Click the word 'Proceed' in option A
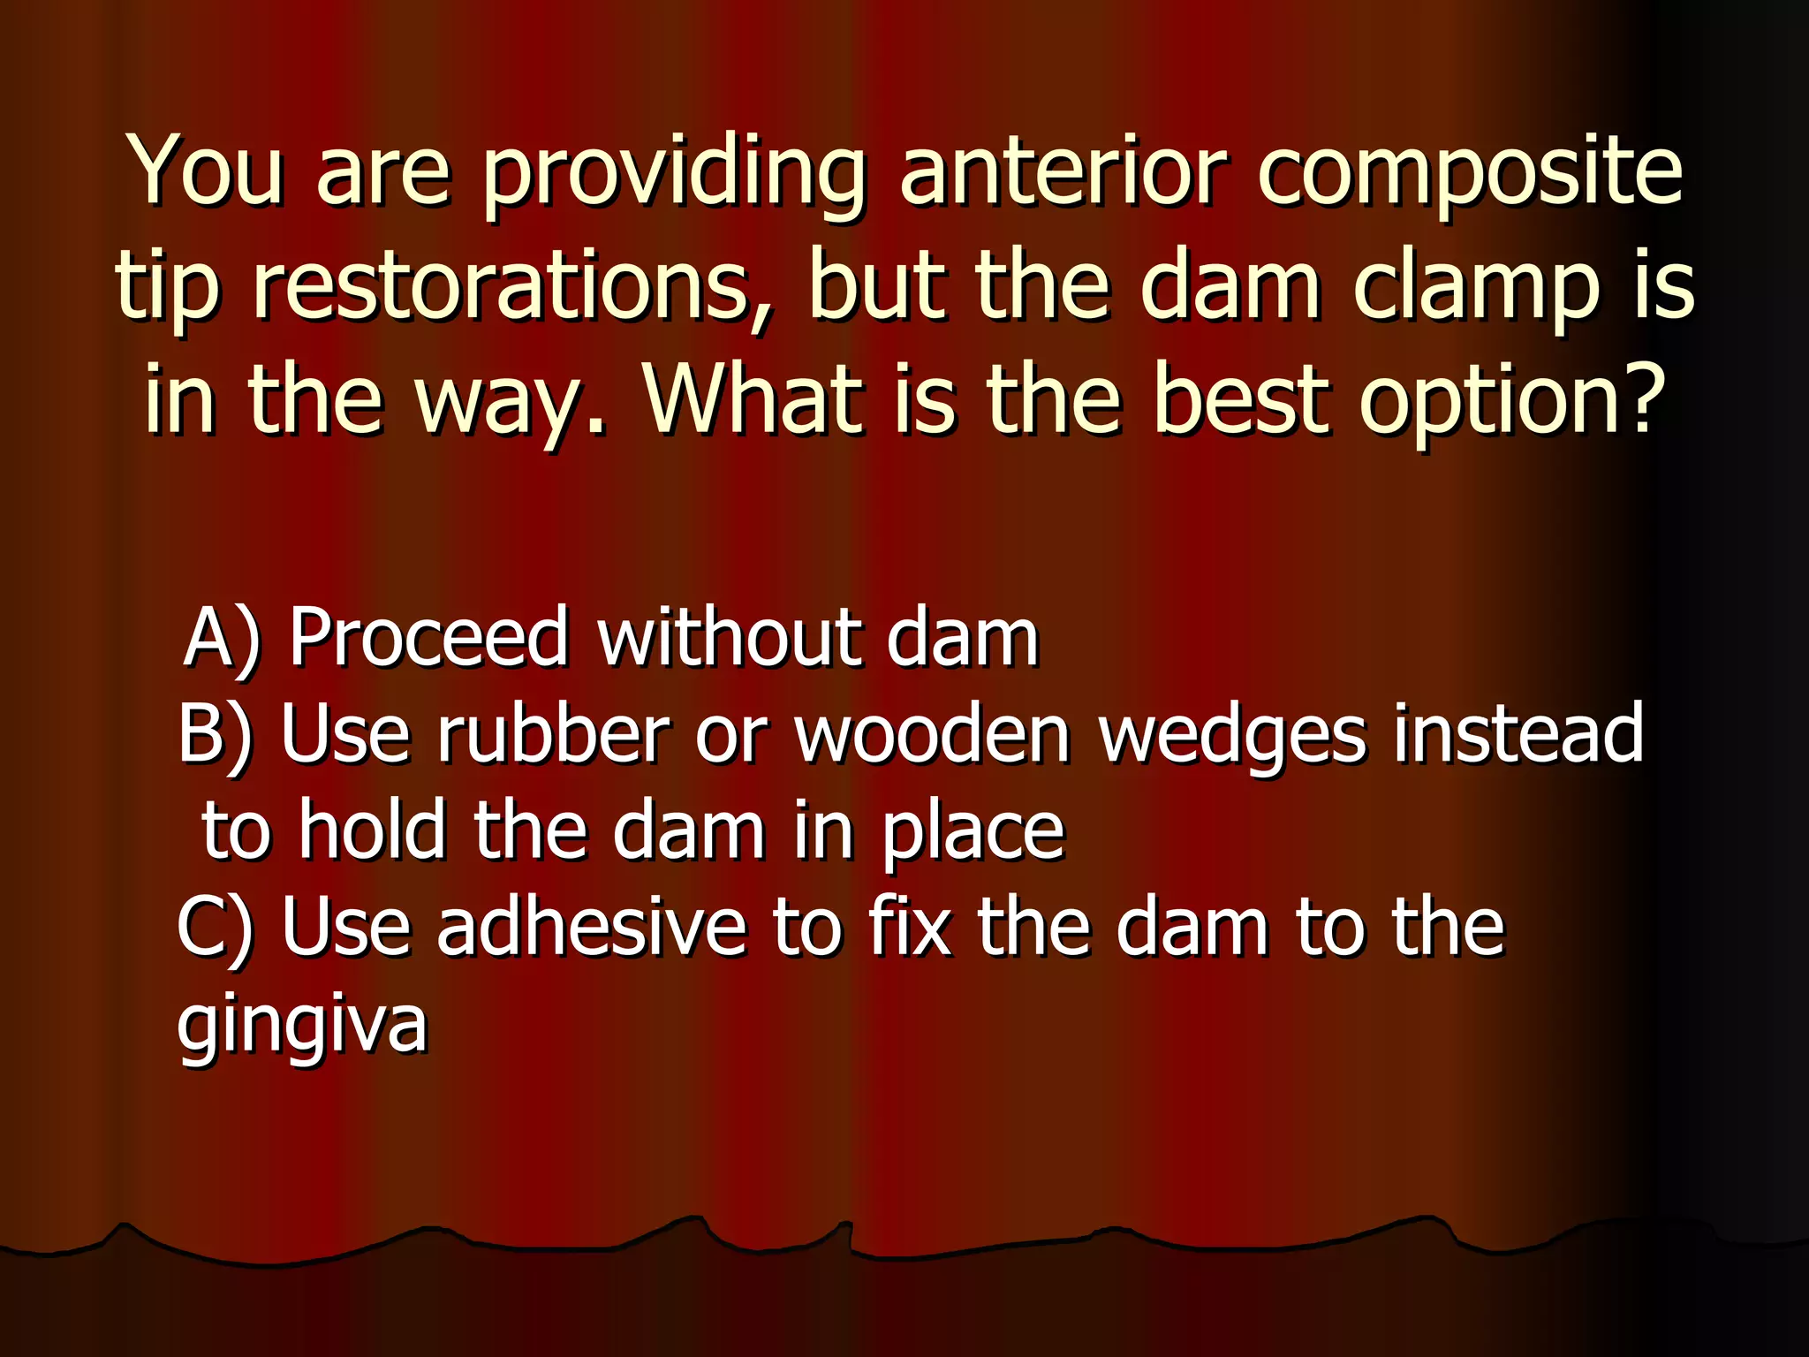[x=429, y=638]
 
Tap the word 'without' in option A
[x=730, y=638]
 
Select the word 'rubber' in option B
[x=553, y=735]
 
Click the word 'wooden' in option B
[x=933, y=735]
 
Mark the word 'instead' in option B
[x=1519, y=735]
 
